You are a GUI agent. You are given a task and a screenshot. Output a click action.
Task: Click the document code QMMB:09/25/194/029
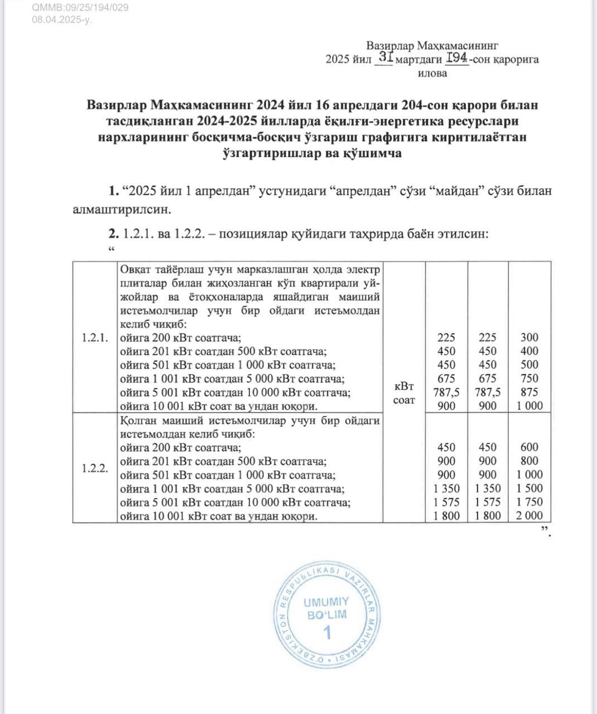pos(80,8)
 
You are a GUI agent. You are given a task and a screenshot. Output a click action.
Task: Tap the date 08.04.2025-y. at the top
pos(62,20)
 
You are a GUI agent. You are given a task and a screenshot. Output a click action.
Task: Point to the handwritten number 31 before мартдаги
pos(386,57)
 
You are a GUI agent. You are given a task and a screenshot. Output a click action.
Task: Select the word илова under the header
pos(432,73)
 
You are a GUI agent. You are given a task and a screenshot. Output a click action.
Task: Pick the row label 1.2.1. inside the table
pos(95,337)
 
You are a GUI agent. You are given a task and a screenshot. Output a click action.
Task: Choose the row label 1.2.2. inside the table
pos(95,468)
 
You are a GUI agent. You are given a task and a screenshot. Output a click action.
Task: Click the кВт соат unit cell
pos(405,393)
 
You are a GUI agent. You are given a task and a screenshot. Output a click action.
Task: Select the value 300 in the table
pos(529,337)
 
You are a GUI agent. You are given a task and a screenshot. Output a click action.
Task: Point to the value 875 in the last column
pos(529,392)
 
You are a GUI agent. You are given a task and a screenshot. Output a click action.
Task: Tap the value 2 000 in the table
pos(529,516)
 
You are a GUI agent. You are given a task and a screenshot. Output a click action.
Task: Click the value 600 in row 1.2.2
pos(529,447)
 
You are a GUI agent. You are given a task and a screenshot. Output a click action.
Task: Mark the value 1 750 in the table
pos(529,503)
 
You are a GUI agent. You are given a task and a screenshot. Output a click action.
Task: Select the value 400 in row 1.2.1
pos(529,351)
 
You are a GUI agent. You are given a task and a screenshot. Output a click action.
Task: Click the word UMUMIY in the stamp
pos(326,602)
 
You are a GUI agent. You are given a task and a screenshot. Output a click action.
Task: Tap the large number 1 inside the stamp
pos(328,632)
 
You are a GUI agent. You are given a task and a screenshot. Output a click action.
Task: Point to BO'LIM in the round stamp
pos(327,615)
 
